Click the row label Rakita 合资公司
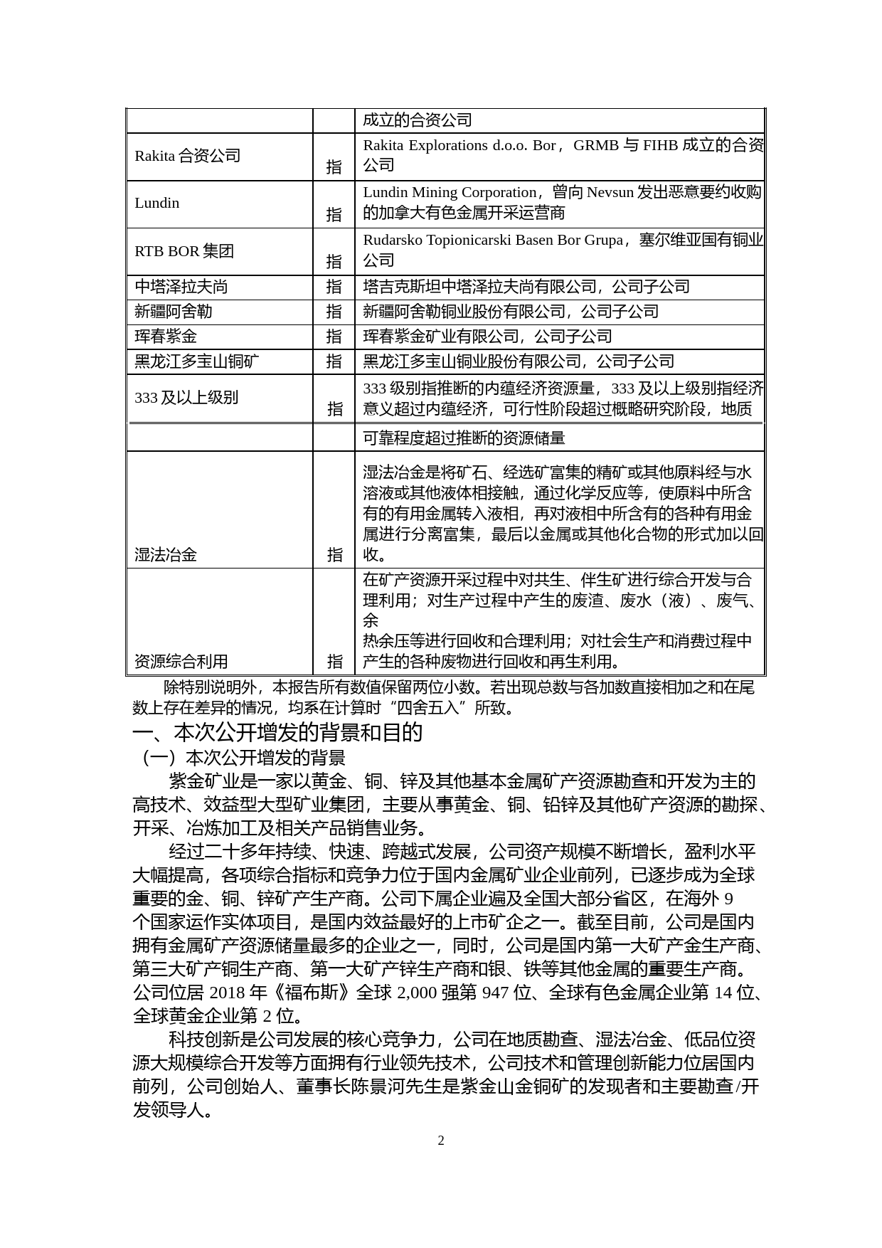[x=188, y=156]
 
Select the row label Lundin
[x=157, y=203]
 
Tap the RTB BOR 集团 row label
[x=184, y=251]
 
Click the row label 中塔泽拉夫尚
[x=181, y=287]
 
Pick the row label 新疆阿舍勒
[x=174, y=312]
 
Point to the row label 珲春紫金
[x=166, y=337]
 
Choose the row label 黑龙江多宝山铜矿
[x=197, y=361]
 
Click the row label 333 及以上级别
[x=186, y=398]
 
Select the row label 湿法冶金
[x=166, y=555]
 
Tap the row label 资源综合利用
[x=181, y=662]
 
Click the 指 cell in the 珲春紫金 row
[x=334, y=337]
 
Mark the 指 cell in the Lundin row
[x=334, y=214]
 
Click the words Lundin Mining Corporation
[x=450, y=193]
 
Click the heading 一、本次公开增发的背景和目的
[x=278, y=733]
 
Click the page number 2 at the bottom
[x=441, y=1141]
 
